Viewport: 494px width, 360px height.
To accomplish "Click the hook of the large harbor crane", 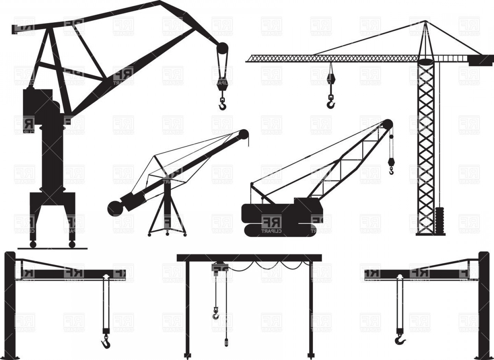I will pyautogui.click(x=223, y=105).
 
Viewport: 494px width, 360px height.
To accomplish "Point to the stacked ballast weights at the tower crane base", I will pyautogui.click(x=439, y=220).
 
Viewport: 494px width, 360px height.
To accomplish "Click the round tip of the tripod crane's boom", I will pyautogui.click(x=244, y=134).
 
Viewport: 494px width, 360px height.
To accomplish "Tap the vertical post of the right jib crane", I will pyautogui.click(x=484, y=305).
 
